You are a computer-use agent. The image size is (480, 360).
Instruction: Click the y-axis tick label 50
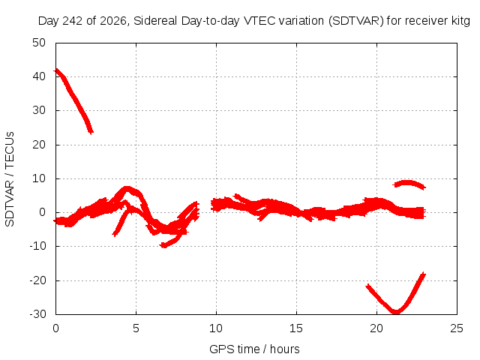[39, 43]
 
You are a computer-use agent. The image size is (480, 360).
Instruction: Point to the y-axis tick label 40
[39, 76]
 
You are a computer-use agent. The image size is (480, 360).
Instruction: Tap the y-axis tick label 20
[39, 145]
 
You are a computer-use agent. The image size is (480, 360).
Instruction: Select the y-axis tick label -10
[37, 246]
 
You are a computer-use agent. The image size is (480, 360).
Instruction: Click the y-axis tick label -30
[37, 314]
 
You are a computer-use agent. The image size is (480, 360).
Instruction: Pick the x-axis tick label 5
[136, 328]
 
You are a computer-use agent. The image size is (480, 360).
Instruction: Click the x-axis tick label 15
[296, 328]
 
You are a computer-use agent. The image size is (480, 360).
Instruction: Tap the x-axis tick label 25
[457, 328]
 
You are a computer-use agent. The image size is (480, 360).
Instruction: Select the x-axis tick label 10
[216, 328]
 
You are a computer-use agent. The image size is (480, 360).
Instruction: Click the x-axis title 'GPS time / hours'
[254, 349]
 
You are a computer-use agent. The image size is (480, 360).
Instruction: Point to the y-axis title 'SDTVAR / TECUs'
[10, 179]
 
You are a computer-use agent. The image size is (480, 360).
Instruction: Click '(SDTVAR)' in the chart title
[356, 21]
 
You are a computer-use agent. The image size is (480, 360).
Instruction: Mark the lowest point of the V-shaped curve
[396, 312]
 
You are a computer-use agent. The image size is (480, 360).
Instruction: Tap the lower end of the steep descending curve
[91, 132]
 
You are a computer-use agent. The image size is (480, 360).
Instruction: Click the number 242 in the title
[73, 21]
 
